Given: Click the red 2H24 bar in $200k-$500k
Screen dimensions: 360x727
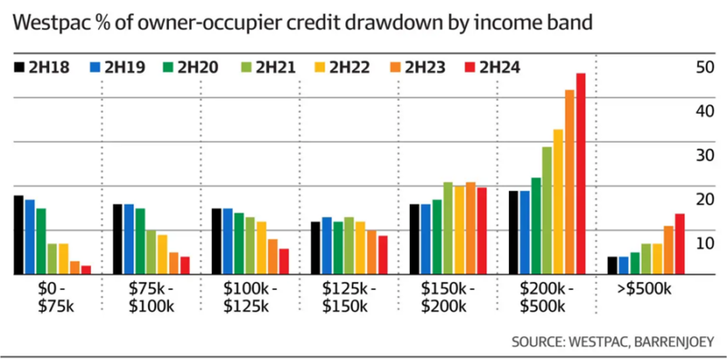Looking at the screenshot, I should [x=581, y=173].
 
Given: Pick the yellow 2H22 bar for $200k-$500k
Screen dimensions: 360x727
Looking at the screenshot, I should [x=558, y=201].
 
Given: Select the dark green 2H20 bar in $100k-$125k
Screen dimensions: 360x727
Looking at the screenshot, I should [x=239, y=243].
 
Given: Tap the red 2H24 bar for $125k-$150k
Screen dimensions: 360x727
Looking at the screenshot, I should [x=383, y=255].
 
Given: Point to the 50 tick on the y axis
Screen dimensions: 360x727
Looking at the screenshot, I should [x=702, y=67].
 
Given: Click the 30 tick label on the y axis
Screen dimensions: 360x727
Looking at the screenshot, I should [x=702, y=155].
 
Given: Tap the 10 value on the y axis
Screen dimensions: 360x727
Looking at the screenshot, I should [x=702, y=244].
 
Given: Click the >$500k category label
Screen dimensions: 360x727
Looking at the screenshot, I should [x=642, y=288].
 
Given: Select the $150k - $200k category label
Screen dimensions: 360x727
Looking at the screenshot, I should [x=447, y=296].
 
